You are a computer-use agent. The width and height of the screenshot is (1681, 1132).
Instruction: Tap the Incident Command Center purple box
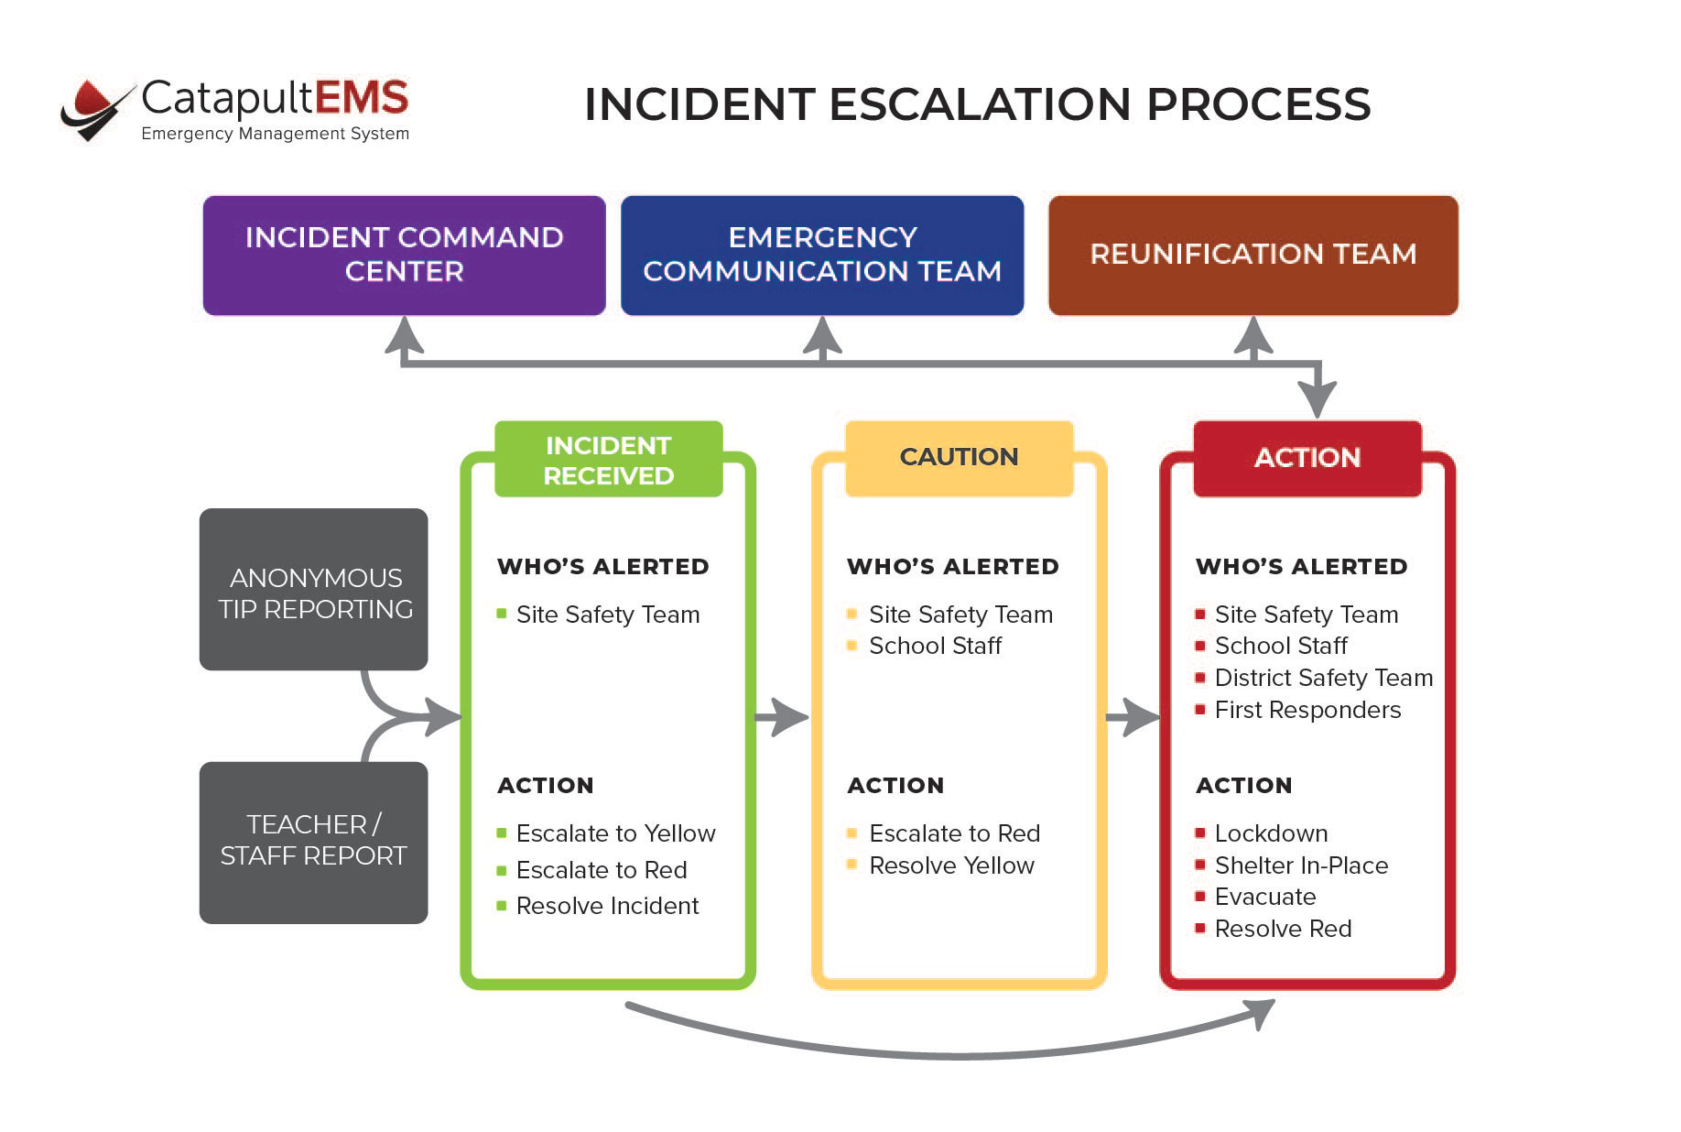coord(404,255)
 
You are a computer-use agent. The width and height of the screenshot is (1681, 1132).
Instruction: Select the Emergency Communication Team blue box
coord(822,255)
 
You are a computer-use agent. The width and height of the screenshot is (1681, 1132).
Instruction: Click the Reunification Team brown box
coord(1253,255)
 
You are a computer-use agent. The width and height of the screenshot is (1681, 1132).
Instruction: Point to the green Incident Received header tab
coord(608,460)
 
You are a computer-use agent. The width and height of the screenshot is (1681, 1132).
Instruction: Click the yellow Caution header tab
coord(959,458)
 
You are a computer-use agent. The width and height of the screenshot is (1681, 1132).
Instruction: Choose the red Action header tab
coord(1307,458)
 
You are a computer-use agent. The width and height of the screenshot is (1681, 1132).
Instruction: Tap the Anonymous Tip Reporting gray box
coord(314,590)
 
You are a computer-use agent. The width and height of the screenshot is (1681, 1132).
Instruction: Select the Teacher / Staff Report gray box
coord(314,842)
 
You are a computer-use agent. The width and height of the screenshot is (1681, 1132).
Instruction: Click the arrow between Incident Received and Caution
coord(781,717)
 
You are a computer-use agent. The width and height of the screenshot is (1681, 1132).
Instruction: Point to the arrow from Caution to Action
coord(1133,717)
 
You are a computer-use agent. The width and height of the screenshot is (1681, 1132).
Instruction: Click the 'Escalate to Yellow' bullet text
coord(615,833)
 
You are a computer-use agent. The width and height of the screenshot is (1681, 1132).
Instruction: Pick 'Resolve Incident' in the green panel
coord(607,906)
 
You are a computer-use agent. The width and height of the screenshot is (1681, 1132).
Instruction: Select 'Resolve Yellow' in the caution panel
coord(951,865)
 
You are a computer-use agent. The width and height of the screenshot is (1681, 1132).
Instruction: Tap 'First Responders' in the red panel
coord(1307,710)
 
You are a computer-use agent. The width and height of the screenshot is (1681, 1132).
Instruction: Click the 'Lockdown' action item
coord(1271,833)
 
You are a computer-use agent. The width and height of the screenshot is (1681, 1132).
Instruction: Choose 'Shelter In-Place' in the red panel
coord(1301,865)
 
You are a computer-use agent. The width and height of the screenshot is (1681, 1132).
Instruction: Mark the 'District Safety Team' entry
coord(1323,678)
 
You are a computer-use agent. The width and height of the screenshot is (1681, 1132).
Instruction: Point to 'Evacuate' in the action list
coord(1265,897)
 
